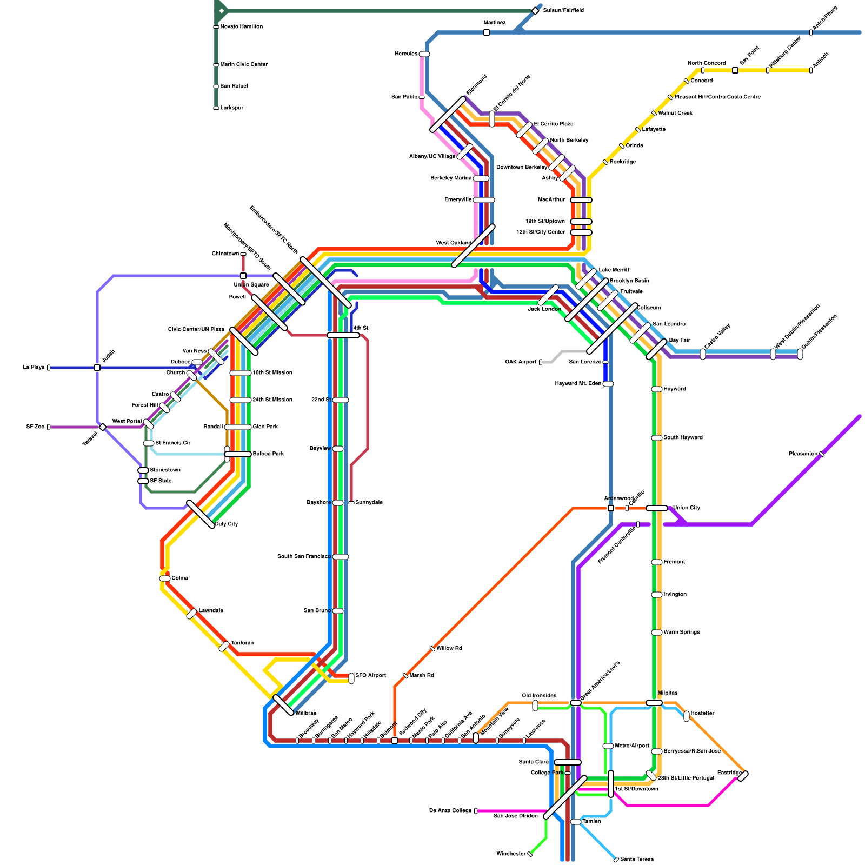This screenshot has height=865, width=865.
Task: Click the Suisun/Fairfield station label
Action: coord(563,11)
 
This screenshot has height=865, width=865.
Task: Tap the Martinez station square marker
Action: coord(487,32)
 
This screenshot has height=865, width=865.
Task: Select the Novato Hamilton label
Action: coord(241,27)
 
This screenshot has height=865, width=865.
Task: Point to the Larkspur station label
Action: coord(232,108)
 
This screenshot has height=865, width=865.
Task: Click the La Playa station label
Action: coord(34,368)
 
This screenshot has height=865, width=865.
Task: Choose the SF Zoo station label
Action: coord(35,427)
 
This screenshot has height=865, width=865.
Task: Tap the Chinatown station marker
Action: coord(243,254)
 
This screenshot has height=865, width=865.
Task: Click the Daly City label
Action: coord(227,524)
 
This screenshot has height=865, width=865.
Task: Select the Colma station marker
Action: coord(164,578)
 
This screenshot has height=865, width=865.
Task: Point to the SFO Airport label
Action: coord(370,676)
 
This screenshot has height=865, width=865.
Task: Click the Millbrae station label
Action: coord(306,714)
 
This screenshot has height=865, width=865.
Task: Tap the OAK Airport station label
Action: coord(521,362)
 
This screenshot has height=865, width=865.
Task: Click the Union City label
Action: coord(687,508)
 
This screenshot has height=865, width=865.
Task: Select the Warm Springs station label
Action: coord(681,633)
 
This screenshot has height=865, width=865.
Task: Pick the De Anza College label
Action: coord(450,811)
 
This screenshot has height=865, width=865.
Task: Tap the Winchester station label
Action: coord(511,854)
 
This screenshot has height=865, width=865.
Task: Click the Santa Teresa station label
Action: coord(637,860)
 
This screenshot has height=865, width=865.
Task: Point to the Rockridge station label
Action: coord(622,162)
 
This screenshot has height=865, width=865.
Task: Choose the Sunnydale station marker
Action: coord(351,503)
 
